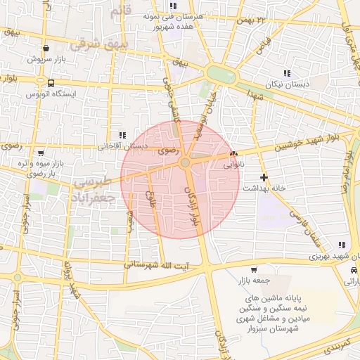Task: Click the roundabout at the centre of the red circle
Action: click(185, 163)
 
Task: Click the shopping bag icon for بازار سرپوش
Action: click(46, 49)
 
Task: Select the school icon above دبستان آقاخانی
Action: click(122, 135)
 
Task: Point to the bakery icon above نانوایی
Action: click(233, 154)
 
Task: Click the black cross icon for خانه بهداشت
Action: click(264, 177)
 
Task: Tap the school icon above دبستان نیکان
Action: click(286, 72)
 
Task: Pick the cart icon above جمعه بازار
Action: click(253, 270)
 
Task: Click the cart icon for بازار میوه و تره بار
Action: click(41, 153)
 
